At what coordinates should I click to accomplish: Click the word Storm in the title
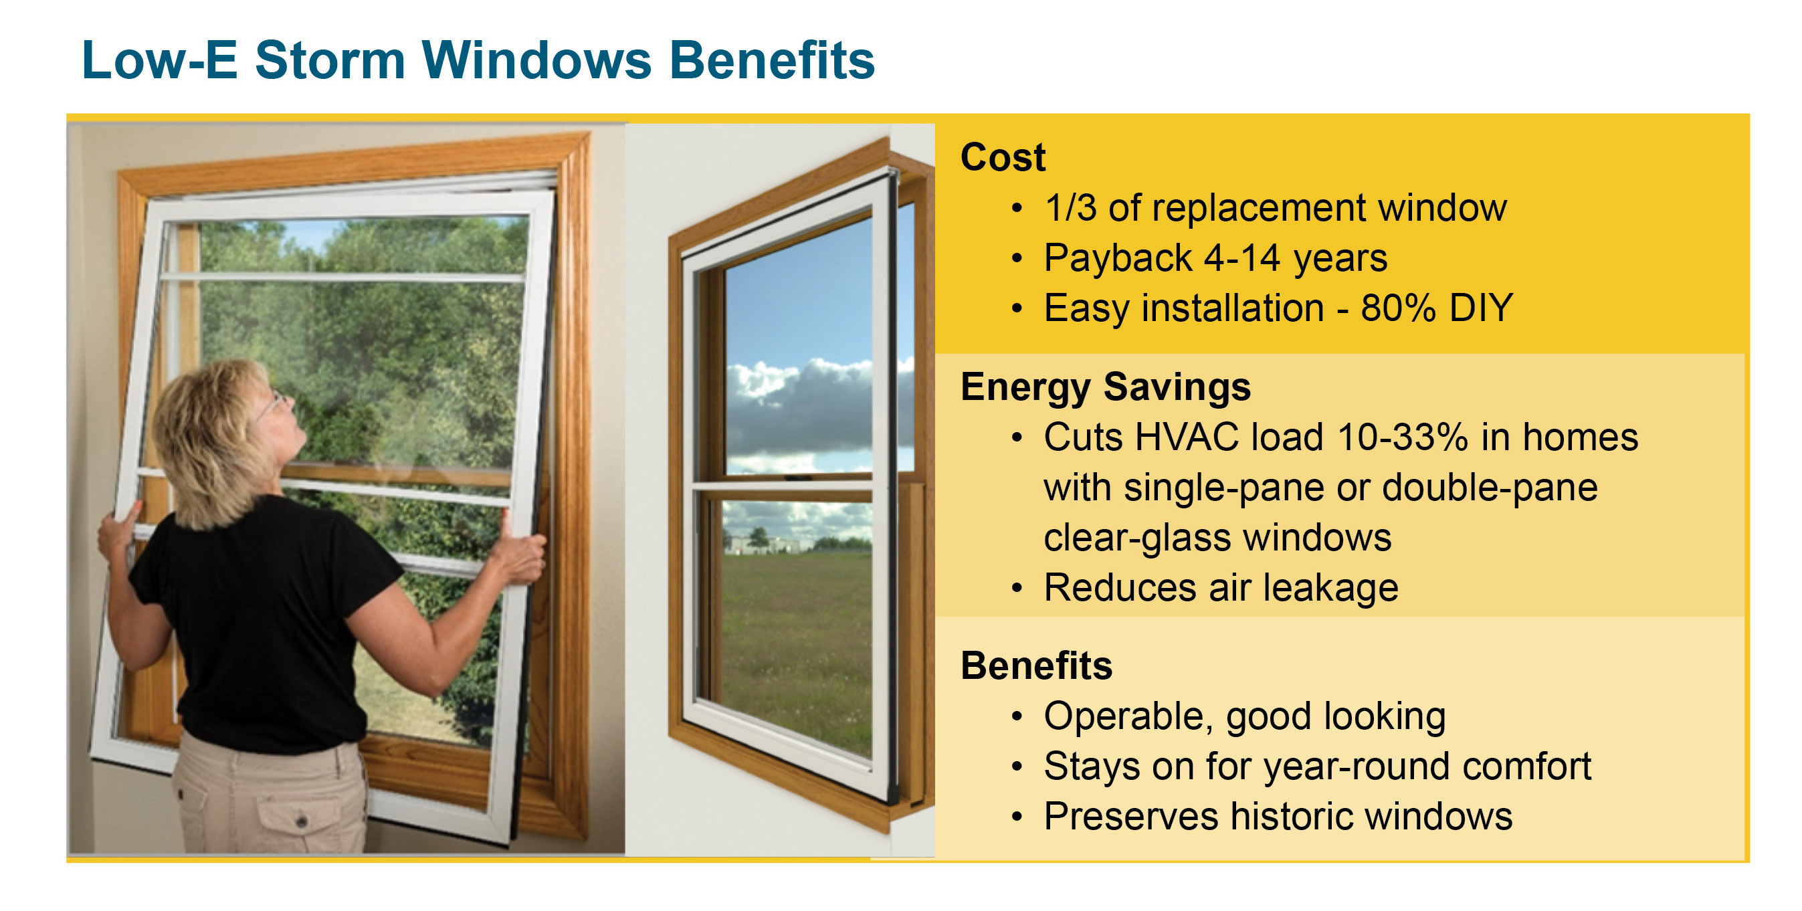pyautogui.click(x=330, y=60)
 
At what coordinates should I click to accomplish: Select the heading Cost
pyautogui.click(x=1003, y=157)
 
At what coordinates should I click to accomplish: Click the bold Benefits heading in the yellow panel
pyautogui.click(x=1036, y=666)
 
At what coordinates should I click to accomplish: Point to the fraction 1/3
pyautogui.click(x=1070, y=208)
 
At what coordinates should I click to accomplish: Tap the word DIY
pyautogui.click(x=1481, y=308)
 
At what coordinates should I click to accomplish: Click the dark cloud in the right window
pyautogui.click(x=805, y=413)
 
